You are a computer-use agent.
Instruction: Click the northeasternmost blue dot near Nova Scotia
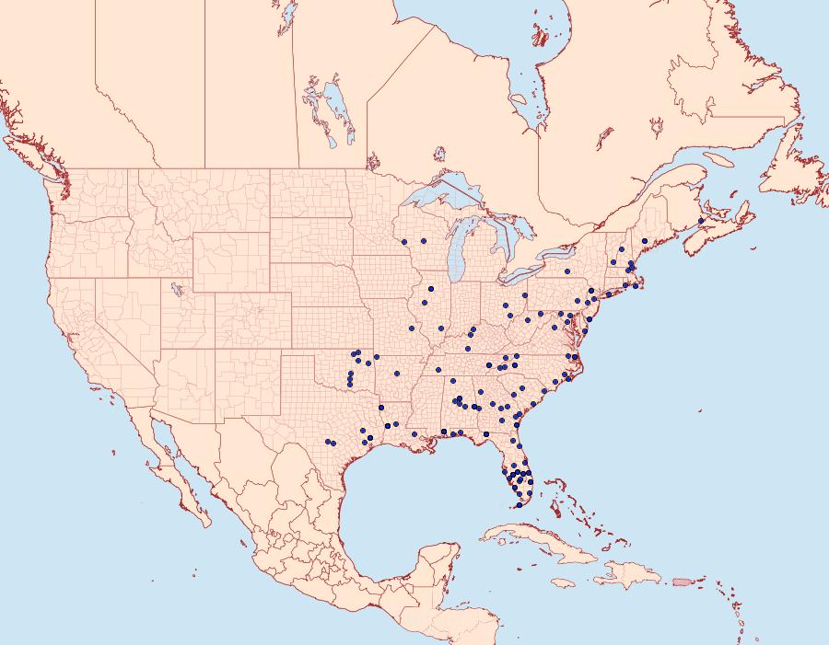coord(701,221)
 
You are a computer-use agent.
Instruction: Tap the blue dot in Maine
coord(645,241)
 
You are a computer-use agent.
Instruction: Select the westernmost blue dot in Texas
coord(327,442)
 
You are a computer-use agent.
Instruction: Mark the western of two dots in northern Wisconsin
coord(404,241)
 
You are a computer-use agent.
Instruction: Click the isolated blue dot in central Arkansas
coord(395,374)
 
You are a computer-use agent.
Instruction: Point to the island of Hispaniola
coord(626,577)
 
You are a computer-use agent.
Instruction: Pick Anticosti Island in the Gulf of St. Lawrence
coord(723,158)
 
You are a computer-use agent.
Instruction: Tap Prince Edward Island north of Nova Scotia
coord(728,196)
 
